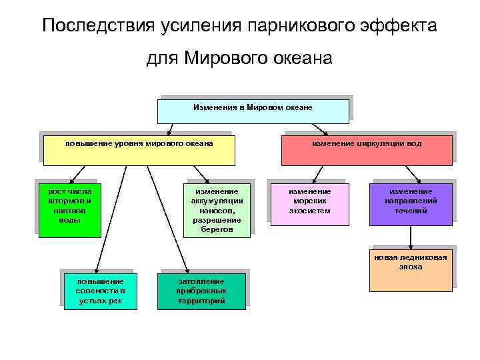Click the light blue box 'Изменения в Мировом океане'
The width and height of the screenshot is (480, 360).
pyautogui.click(x=253, y=111)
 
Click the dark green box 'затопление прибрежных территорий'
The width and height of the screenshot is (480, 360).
pyautogui.click(x=201, y=291)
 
